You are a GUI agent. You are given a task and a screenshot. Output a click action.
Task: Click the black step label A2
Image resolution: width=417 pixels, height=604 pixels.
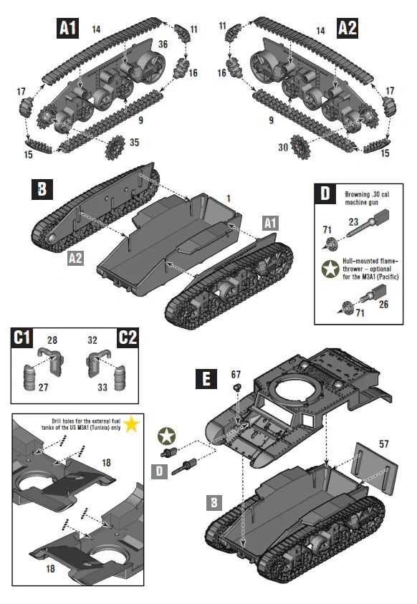coord(347,29)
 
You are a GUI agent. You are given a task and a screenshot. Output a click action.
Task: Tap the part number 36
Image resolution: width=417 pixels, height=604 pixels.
coord(163,44)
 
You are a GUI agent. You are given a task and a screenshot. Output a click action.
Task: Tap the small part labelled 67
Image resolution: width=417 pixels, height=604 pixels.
coord(236,386)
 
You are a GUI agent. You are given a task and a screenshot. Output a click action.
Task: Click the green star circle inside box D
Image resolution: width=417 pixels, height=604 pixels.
coord(331,269)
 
